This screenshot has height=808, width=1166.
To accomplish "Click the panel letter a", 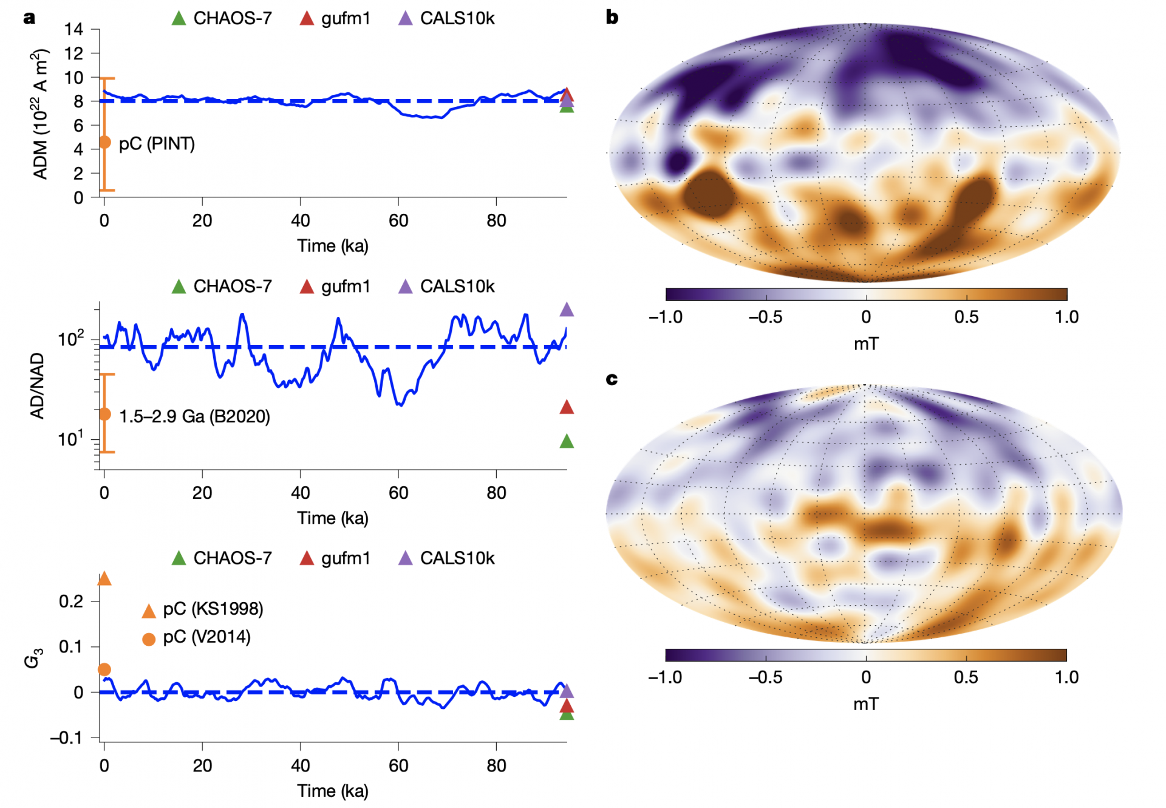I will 29,18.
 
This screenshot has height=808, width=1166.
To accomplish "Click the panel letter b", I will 612,18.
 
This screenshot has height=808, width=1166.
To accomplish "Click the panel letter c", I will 612,379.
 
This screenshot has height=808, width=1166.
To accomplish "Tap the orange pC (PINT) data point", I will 104,142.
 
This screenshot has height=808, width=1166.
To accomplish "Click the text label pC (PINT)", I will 157,144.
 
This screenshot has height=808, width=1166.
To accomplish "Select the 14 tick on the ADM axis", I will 74,29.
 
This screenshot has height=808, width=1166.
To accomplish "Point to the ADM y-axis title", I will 40,114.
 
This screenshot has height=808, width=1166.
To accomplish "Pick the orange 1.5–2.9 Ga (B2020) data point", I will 104,414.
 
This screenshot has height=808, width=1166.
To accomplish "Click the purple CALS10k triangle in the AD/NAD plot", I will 567,310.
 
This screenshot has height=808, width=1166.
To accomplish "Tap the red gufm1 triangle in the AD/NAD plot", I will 567,407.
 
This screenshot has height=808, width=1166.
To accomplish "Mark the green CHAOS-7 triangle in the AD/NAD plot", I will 567,441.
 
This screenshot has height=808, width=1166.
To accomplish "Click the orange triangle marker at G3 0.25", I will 104,578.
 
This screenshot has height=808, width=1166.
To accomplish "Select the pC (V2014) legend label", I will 206,637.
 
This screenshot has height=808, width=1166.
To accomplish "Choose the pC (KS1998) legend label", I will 213,609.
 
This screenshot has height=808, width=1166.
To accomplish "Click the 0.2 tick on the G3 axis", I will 71,601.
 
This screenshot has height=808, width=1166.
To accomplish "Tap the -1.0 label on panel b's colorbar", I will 666,317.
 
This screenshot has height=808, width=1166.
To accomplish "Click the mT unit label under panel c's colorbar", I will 866,704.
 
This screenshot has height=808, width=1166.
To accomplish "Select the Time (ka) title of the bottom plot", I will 333,791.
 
